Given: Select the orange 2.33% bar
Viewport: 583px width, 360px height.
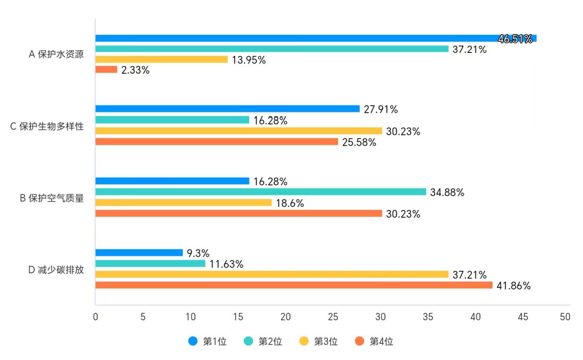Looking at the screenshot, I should tap(106, 69).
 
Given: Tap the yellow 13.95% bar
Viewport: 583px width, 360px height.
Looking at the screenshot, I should tap(161, 59).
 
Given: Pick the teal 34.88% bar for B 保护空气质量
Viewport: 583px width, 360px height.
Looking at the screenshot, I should tap(261, 192).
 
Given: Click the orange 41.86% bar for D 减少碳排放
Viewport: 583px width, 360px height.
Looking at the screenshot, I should tap(294, 285).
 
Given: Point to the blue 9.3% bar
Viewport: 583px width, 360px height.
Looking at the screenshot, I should tap(139, 253).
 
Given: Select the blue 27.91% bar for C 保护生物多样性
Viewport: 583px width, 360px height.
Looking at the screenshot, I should tap(227, 109).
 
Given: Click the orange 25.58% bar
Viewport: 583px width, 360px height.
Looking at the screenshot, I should tap(217, 142).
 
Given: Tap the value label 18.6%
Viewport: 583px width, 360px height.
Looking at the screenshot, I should tap(290, 203).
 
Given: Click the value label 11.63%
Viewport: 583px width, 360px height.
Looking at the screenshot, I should tap(226, 264).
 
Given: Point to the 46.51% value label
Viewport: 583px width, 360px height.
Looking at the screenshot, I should tap(515, 39).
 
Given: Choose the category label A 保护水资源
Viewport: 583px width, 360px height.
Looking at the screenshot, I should tap(56, 54).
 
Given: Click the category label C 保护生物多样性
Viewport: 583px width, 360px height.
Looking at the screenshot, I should tap(47, 126).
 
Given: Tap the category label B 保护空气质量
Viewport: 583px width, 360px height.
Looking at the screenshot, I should tap(52, 198).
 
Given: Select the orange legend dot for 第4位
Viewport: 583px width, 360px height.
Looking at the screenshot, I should tap(359, 342).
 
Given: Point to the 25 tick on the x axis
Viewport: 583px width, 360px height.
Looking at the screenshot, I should tap(333, 317).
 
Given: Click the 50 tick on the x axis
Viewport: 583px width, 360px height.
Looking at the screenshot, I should tap(565, 317).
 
